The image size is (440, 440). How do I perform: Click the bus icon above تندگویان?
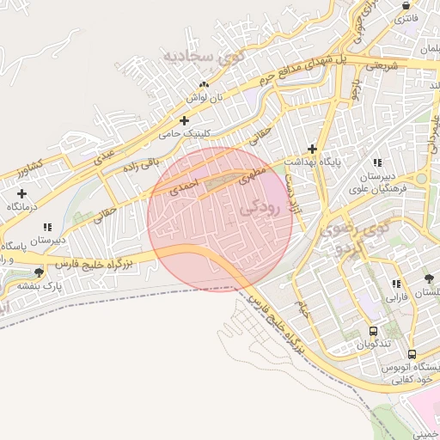click(373, 331)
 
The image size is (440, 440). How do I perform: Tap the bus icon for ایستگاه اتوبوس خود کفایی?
click(412, 354)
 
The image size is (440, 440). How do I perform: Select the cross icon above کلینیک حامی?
click(184, 120)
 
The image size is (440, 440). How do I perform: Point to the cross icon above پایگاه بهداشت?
click(312, 149)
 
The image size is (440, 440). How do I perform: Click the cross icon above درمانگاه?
click(21, 193)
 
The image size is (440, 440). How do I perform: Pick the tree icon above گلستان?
click(429, 278)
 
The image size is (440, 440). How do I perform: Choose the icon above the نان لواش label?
click(204, 84)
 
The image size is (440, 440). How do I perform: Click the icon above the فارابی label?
click(395, 284)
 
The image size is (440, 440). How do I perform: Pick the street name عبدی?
click(104, 155)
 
